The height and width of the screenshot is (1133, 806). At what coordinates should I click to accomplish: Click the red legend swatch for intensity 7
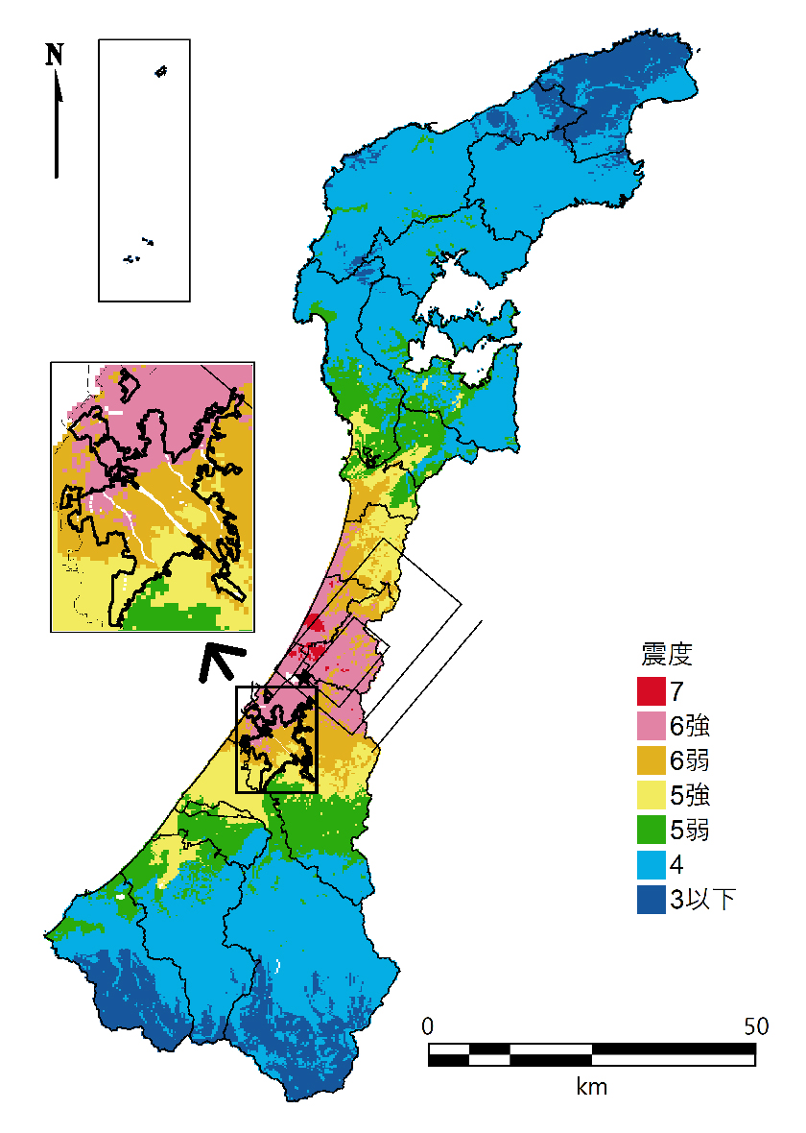[651, 689]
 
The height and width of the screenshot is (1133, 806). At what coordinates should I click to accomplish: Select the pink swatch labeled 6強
[651, 725]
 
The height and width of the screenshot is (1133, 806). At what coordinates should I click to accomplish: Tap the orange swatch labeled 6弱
[651, 759]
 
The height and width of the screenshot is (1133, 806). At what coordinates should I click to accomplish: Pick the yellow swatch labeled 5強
[651, 795]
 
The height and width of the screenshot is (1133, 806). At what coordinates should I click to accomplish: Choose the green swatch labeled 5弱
[651, 830]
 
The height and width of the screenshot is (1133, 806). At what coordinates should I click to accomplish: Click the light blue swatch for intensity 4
[651, 865]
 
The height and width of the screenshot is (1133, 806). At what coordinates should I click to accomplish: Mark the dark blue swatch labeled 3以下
[651, 900]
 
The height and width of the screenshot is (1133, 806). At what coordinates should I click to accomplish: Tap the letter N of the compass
[55, 55]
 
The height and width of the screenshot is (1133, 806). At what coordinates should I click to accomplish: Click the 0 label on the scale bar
[429, 1025]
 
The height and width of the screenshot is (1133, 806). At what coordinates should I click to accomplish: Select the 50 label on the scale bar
[755, 1025]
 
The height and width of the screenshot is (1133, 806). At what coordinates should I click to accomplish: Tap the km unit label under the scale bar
[591, 1087]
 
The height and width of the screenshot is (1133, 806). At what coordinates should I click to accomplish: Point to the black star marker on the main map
[305, 679]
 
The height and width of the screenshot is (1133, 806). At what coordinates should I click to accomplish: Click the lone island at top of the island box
[160, 72]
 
